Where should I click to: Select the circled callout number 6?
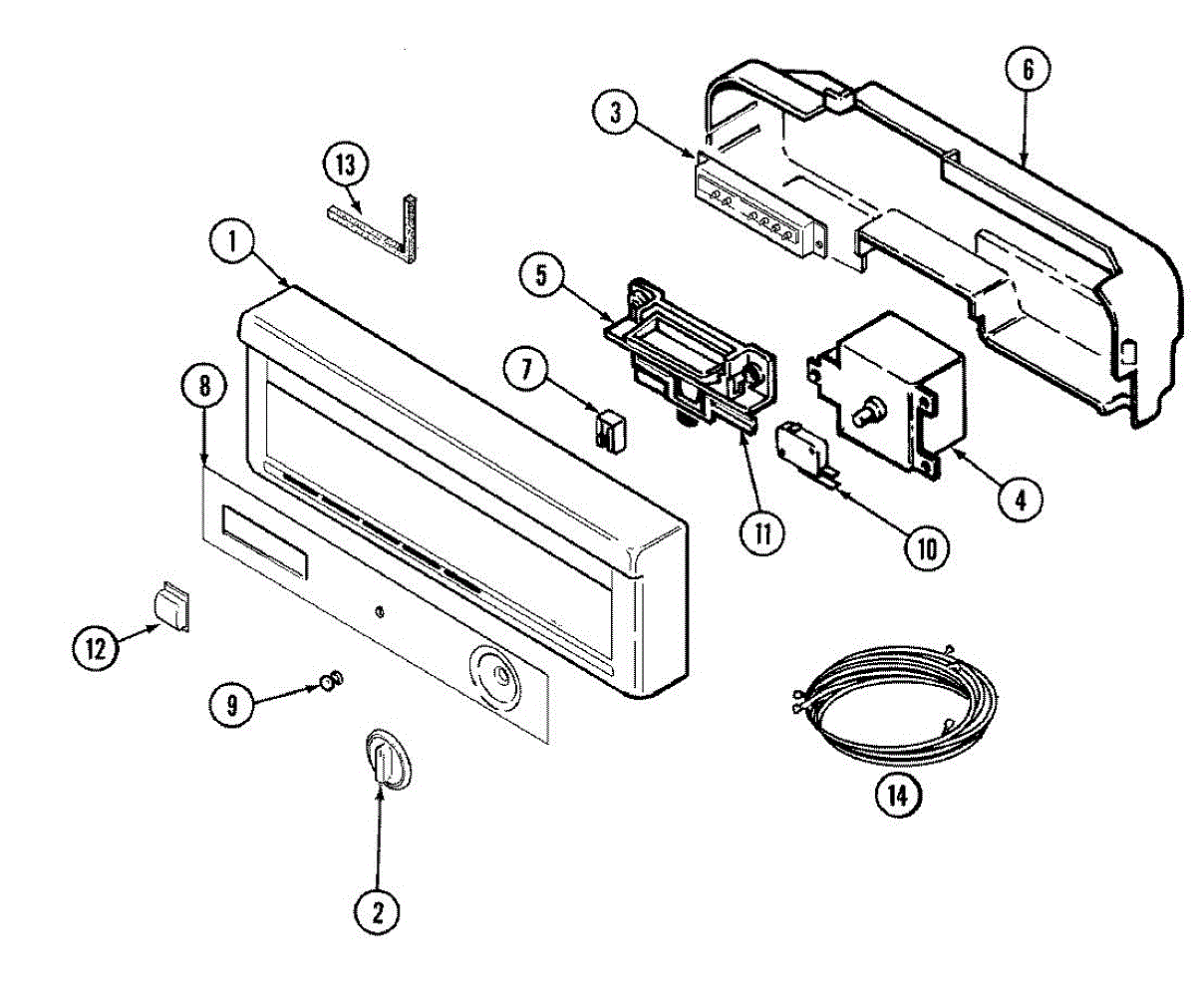(x=1028, y=71)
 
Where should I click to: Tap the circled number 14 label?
(x=897, y=795)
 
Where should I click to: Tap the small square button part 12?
(x=170, y=605)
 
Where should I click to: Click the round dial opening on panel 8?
(x=495, y=675)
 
